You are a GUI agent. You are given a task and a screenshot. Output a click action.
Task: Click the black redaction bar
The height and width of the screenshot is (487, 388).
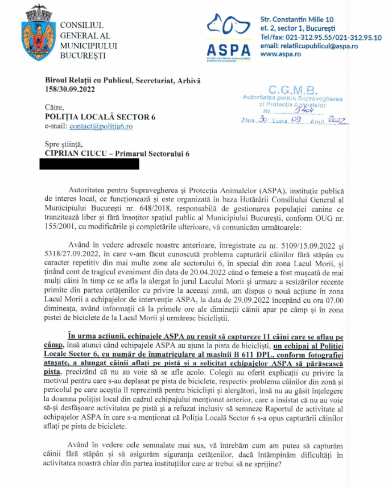pyautogui.click(x=89, y=164)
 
